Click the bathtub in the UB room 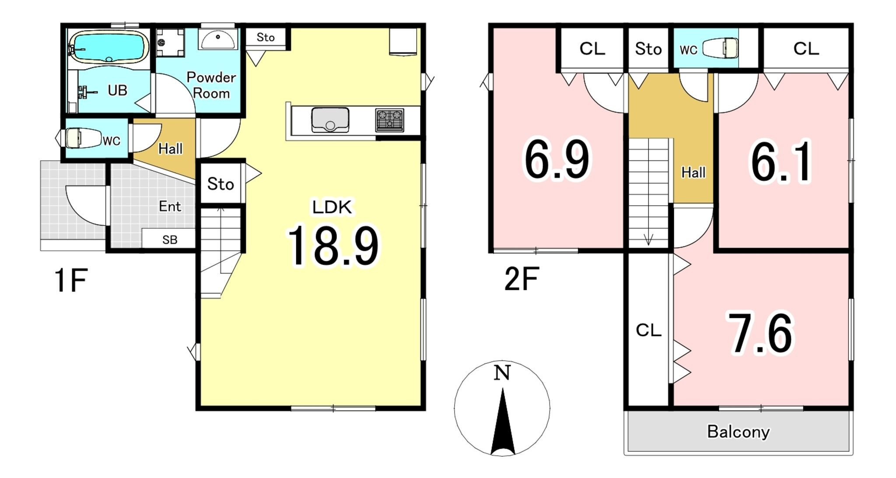pyautogui.click(x=108, y=46)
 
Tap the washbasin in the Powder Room pyautogui.click(x=217, y=39)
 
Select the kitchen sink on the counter pyautogui.click(x=330, y=120)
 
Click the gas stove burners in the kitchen pyautogui.click(x=389, y=120)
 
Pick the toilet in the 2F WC pyautogui.click(x=720, y=48)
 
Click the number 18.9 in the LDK pyautogui.click(x=333, y=246)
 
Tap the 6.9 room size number pyautogui.click(x=557, y=159)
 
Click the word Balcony pyautogui.click(x=738, y=432)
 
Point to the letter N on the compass pyautogui.click(x=502, y=373)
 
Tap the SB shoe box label pyautogui.click(x=170, y=240)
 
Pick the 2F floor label pyautogui.click(x=521, y=278)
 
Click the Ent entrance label pyautogui.click(x=170, y=206)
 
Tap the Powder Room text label pyautogui.click(x=211, y=85)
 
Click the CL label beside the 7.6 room pyautogui.click(x=648, y=330)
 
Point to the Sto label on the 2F pyautogui.click(x=648, y=49)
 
